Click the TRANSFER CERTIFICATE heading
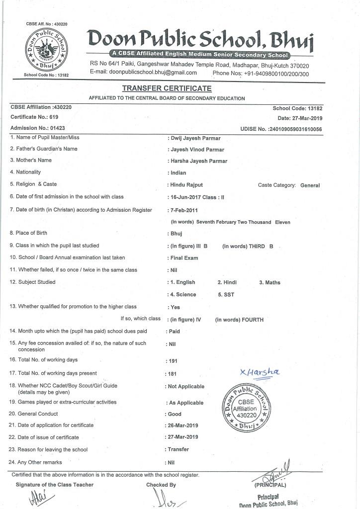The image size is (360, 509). (167, 88)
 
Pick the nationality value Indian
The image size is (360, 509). (179, 173)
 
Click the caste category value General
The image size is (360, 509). (310, 185)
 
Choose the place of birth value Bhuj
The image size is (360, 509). (177, 233)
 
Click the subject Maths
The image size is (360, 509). (270, 282)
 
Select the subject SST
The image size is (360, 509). (224, 294)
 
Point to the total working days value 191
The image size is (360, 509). (173, 361)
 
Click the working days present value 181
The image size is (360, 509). (173, 373)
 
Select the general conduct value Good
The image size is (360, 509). (175, 414)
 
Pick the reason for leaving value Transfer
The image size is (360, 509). (179, 449)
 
